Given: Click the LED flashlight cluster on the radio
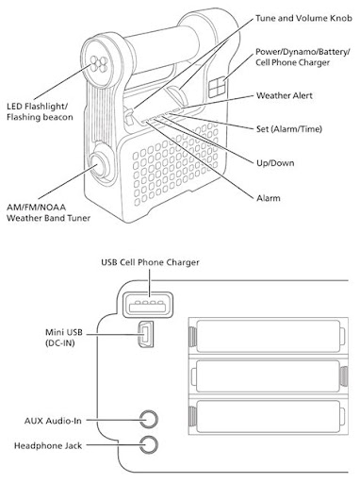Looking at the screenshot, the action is (x=99, y=63).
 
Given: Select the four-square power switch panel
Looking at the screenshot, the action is (x=218, y=87).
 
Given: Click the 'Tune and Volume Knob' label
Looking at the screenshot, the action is (x=303, y=19).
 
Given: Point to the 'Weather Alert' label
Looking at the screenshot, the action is (x=285, y=95).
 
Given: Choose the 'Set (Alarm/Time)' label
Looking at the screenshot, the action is (x=289, y=129).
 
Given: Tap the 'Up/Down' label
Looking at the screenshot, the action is (x=275, y=163).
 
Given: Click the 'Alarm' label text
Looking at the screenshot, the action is (x=269, y=198).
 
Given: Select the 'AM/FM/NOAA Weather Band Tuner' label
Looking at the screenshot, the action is (x=48, y=212).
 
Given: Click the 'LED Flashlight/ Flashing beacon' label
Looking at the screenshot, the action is (x=40, y=111).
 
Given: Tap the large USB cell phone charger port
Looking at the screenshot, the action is (x=148, y=305).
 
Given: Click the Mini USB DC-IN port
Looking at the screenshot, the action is (x=145, y=334).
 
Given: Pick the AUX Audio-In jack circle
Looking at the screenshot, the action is (x=149, y=420).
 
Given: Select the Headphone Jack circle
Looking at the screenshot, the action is (x=149, y=444).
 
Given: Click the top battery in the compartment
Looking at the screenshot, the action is (x=268, y=336).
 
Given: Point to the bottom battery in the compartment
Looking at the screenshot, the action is (x=268, y=416).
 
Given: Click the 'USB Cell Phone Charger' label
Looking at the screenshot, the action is (x=150, y=262).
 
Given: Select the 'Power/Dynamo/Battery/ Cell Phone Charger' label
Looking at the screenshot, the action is (x=303, y=57).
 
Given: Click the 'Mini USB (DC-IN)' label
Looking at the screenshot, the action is (x=64, y=337).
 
